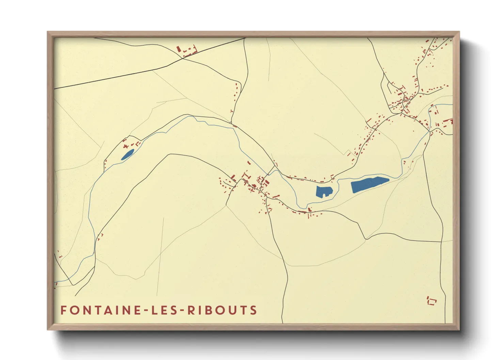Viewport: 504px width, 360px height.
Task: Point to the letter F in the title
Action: [x=63, y=310]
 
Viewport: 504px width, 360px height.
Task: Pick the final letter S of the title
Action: [x=253, y=310]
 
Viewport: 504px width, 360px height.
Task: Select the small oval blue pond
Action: [x=128, y=154]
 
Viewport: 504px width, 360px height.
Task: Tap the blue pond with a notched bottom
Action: [x=324, y=191]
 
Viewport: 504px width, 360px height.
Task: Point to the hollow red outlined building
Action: [x=432, y=301]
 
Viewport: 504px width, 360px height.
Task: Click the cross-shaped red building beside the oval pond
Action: [x=127, y=146]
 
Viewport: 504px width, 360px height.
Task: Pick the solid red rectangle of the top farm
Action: [x=178, y=49]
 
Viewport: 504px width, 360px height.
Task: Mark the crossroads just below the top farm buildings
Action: [x=183, y=58]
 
